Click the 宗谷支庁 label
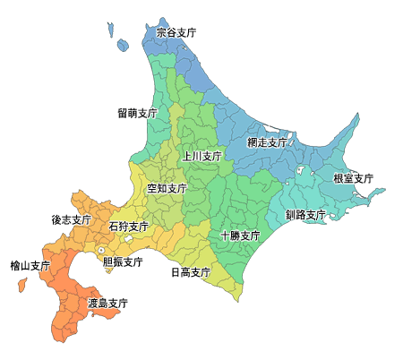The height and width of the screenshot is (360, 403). pyautogui.click(x=176, y=32)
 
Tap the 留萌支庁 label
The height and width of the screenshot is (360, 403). pyautogui.click(x=137, y=114)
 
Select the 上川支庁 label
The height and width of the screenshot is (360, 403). pyautogui.click(x=201, y=156)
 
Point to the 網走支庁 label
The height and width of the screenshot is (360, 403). pyautogui.click(x=267, y=142)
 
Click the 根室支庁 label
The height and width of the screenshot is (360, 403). pyautogui.click(x=353, y=179)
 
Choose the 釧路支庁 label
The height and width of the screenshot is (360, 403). pyautogui.click(x=305, y=215)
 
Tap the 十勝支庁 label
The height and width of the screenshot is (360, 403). pyautogui.click(x=240, y=236)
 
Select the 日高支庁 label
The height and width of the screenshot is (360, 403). pyautogui.click(x=190, y=272)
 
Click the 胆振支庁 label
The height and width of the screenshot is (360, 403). pyautogui.click(x=123, y=262)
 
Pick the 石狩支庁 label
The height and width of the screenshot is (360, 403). pyautogui.click(x=129, y=227)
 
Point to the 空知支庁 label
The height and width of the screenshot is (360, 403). pyautogui.click(x=167, y=189)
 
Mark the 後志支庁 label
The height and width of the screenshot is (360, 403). pyautogui.click(x=71, y=219)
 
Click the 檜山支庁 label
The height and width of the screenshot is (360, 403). pyautogui.click(x=30, y=266)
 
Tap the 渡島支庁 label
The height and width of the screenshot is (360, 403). pyautogui.click(x=107, y=304)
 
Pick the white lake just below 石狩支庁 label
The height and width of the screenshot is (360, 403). pyautogui.click(x=130, y=239)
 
